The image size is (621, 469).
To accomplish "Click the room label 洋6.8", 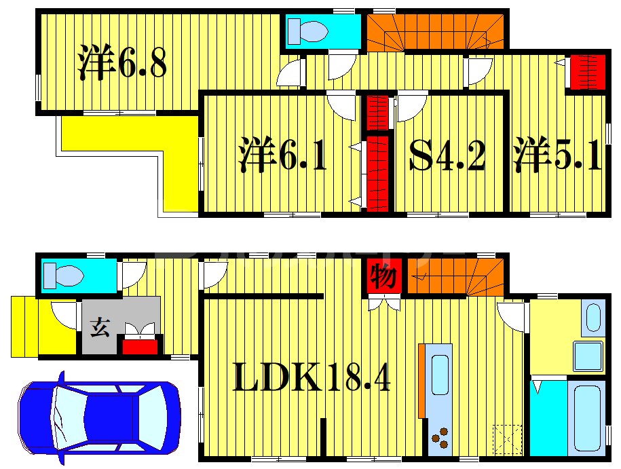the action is pos(122,62).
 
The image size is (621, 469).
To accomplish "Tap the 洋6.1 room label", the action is pos(283,155).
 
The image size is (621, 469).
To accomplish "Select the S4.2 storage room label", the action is pos(447,155).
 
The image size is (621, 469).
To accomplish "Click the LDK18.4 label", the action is pos(312,377).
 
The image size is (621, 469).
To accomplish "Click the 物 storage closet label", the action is pos(383,276).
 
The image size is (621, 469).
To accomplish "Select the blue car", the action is pos(99,417).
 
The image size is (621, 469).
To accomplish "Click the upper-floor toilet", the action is pos(307,31).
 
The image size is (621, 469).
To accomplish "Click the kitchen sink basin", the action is pos(440,375).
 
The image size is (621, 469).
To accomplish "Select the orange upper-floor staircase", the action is pos(435,33).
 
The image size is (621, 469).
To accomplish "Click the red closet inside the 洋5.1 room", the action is pos(588,72).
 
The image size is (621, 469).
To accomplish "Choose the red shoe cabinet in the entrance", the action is pos(140,347).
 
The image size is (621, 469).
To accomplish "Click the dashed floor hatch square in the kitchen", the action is pos(508,439).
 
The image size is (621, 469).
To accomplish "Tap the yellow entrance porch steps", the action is pos(24,326).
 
